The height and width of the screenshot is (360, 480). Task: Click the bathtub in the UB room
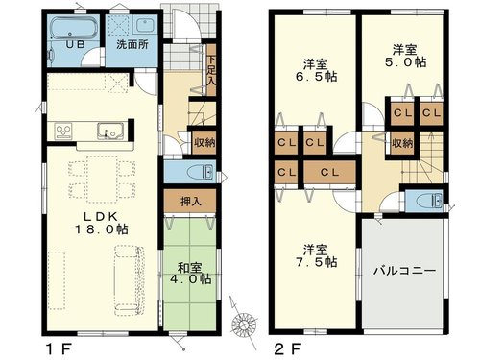pyautogui.click(x=74, y=28)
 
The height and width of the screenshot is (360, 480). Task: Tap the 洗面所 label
pyautogui.click(x=132, y=44)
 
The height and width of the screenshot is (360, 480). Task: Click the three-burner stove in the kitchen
pyautogui.click(x=64, y=132)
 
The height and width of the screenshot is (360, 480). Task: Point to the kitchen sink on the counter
pyautogui.click(x=110, y=131)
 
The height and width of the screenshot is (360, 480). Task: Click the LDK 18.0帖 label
pyautogui.click(x=102, y=223)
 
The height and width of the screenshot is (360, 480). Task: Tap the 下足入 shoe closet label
pyautogui.click(x=210, y=70)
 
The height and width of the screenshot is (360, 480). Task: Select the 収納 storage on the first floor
pyautogui.click(x=204, y=142)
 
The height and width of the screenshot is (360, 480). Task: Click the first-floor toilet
pyautogui.click(x=201, y=173)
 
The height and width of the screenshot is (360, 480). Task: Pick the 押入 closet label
pyautogui.click(x=191, y=202)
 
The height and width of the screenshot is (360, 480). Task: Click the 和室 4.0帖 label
pyautogui.click(x=190, y=273)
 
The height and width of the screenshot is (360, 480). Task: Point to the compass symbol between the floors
pyautogui.click(x=245, y=324)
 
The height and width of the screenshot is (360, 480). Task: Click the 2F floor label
pyautogui.click(x=288, y=348)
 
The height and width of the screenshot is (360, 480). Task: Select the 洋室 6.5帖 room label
pyautogui.click(x=316, y=70)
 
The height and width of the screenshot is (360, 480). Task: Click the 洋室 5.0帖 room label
pyautogui.click(x=405, y=56)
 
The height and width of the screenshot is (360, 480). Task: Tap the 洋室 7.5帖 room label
pyautogui.click(x=316, y=256)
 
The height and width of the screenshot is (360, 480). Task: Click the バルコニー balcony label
pyautogui.click(x=405, y=271)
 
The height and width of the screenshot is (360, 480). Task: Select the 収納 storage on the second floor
pyautogui.click(x=402, y=143)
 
